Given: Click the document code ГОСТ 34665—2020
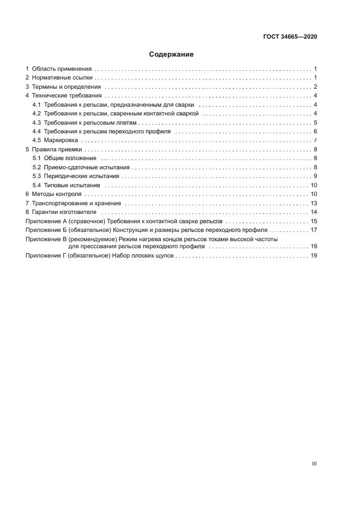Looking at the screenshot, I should coord(290,37).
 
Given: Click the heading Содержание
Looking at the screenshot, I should coord(171,54).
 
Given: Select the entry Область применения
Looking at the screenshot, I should coord(62,69).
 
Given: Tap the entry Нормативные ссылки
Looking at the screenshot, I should coord(62,78).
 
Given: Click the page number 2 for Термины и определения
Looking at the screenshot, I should coord(315,87).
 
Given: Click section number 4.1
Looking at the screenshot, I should coord(36,105).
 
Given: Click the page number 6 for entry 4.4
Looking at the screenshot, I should coord(315,132).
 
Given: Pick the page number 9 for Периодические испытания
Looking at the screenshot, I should coord(315,176).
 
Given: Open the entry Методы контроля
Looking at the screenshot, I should coord(57,194).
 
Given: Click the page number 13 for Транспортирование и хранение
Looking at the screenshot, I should coord(314,203).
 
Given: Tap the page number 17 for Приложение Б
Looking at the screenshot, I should coord(314,230).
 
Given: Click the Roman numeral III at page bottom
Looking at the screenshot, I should coord(314,464).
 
